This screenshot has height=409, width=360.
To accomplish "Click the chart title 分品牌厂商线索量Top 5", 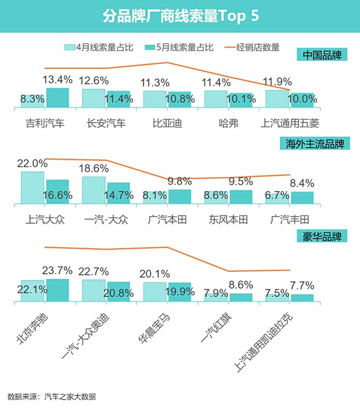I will [180, 16].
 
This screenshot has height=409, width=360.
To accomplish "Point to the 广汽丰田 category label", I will [290, 220].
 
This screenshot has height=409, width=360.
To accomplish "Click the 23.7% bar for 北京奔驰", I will [57, 290].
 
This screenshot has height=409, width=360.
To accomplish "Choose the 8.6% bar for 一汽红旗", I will [241, 297].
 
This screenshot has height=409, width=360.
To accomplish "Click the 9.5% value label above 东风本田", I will [241, 182].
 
